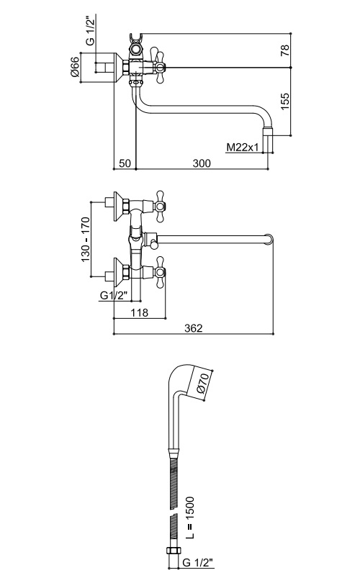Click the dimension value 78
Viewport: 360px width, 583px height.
[284, 50]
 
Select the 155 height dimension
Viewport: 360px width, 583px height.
[284, 101]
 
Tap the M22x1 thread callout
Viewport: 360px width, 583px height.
[243, 148]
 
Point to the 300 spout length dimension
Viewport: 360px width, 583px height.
[202, 163]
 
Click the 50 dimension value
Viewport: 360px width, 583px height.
[125, 163]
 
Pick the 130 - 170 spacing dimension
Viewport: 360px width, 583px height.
[86, 239]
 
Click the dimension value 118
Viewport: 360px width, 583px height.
[140, 312]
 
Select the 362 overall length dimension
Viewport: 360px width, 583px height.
[194, 328]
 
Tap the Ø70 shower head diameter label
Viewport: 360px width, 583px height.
[204, 384]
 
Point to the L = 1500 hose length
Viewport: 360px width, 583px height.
[189, 518]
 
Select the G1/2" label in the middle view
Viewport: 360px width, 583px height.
[114, 296]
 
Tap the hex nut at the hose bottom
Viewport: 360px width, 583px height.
[174, 552]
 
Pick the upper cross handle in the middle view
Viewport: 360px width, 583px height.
[160, 206]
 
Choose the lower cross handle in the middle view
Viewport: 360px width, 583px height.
[160, 271]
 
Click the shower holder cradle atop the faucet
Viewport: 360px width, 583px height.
[135, 39]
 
